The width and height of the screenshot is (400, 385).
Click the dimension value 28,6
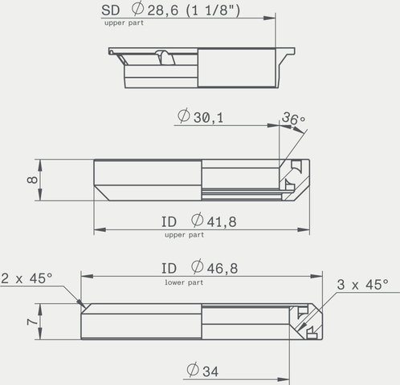(163, 10)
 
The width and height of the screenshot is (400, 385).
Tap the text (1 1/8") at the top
(213, 10)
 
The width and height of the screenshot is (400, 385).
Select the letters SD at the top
(110, 10)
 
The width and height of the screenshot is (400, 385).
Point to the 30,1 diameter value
(208, 118)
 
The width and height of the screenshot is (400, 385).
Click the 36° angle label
(293, 118)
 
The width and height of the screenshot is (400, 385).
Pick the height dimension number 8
(33, 179)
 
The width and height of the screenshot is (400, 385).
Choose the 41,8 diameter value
(222, 222)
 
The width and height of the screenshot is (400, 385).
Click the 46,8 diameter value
(222, 269)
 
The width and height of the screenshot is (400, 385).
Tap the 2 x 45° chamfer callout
(27, 278)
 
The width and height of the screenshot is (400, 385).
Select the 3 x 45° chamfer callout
(362, 285)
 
